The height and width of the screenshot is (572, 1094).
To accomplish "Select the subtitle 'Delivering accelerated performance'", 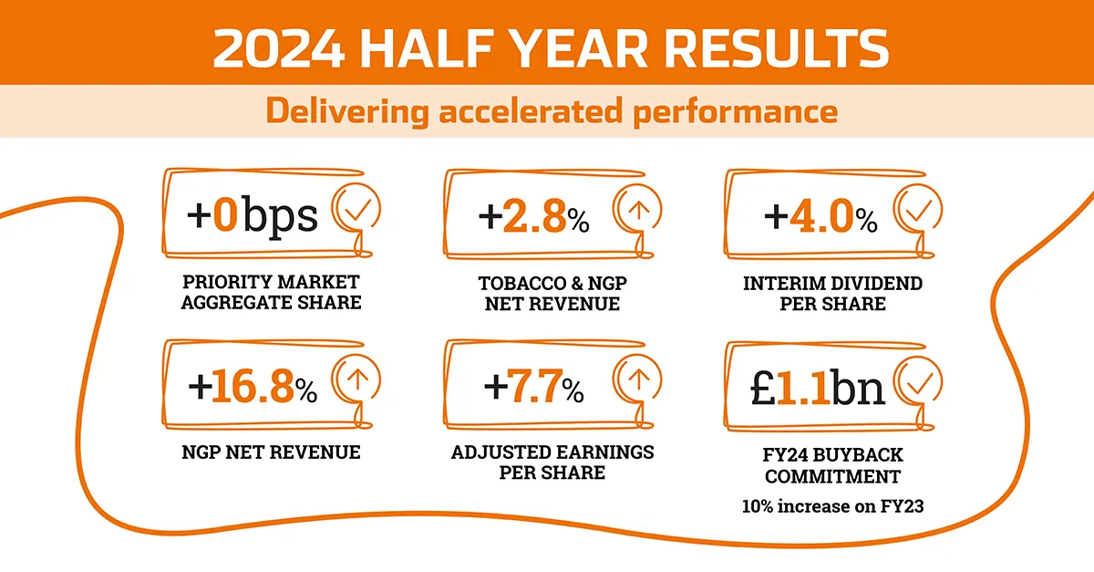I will pyautogui.click(x=551, y=111).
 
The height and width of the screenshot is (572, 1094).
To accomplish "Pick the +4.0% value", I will pyautogui.click(x=820, y=217).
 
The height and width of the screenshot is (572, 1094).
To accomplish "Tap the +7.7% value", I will pyautogui.click(x=533, y=389).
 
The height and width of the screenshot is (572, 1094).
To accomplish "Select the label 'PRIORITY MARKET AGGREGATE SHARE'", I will pyautogui.click(x=271, y=292).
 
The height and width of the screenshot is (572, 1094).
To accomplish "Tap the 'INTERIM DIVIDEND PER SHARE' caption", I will pyautogui.click(x=832, y=293).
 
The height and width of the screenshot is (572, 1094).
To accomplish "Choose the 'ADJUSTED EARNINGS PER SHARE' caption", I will pyautogui.click(x=552, y=463).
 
